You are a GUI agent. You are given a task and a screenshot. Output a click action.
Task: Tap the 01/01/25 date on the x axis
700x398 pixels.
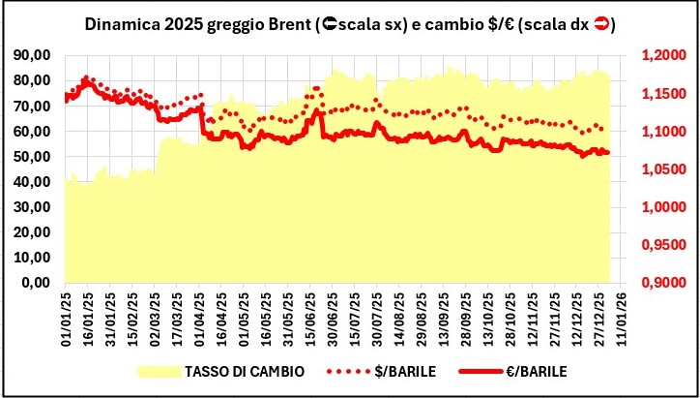[66, 320]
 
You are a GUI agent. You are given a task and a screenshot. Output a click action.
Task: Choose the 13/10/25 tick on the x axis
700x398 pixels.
[489, 320]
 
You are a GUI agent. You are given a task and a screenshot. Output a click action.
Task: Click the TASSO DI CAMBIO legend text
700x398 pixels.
[238, 371]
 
